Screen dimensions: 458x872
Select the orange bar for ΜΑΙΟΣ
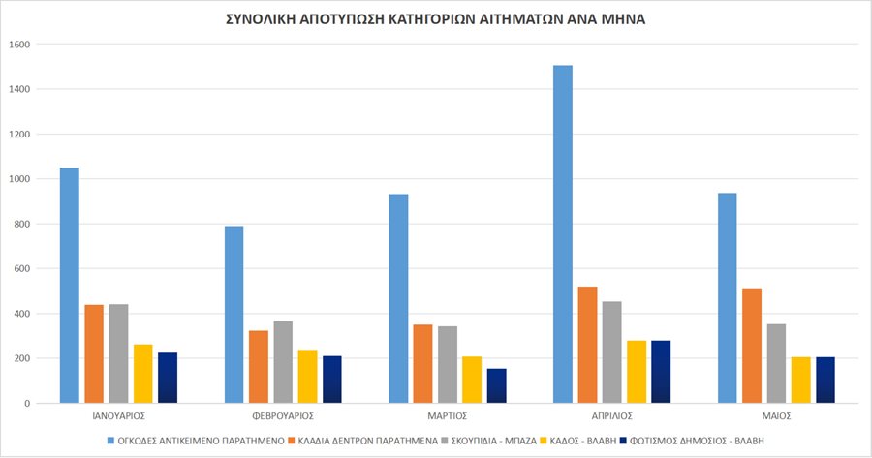752,346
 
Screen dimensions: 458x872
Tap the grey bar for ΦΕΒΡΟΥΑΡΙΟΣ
283,362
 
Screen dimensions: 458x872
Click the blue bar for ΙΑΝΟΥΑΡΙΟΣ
70,286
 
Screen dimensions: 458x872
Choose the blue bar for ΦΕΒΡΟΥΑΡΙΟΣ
234,315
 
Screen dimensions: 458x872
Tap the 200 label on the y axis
22,358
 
